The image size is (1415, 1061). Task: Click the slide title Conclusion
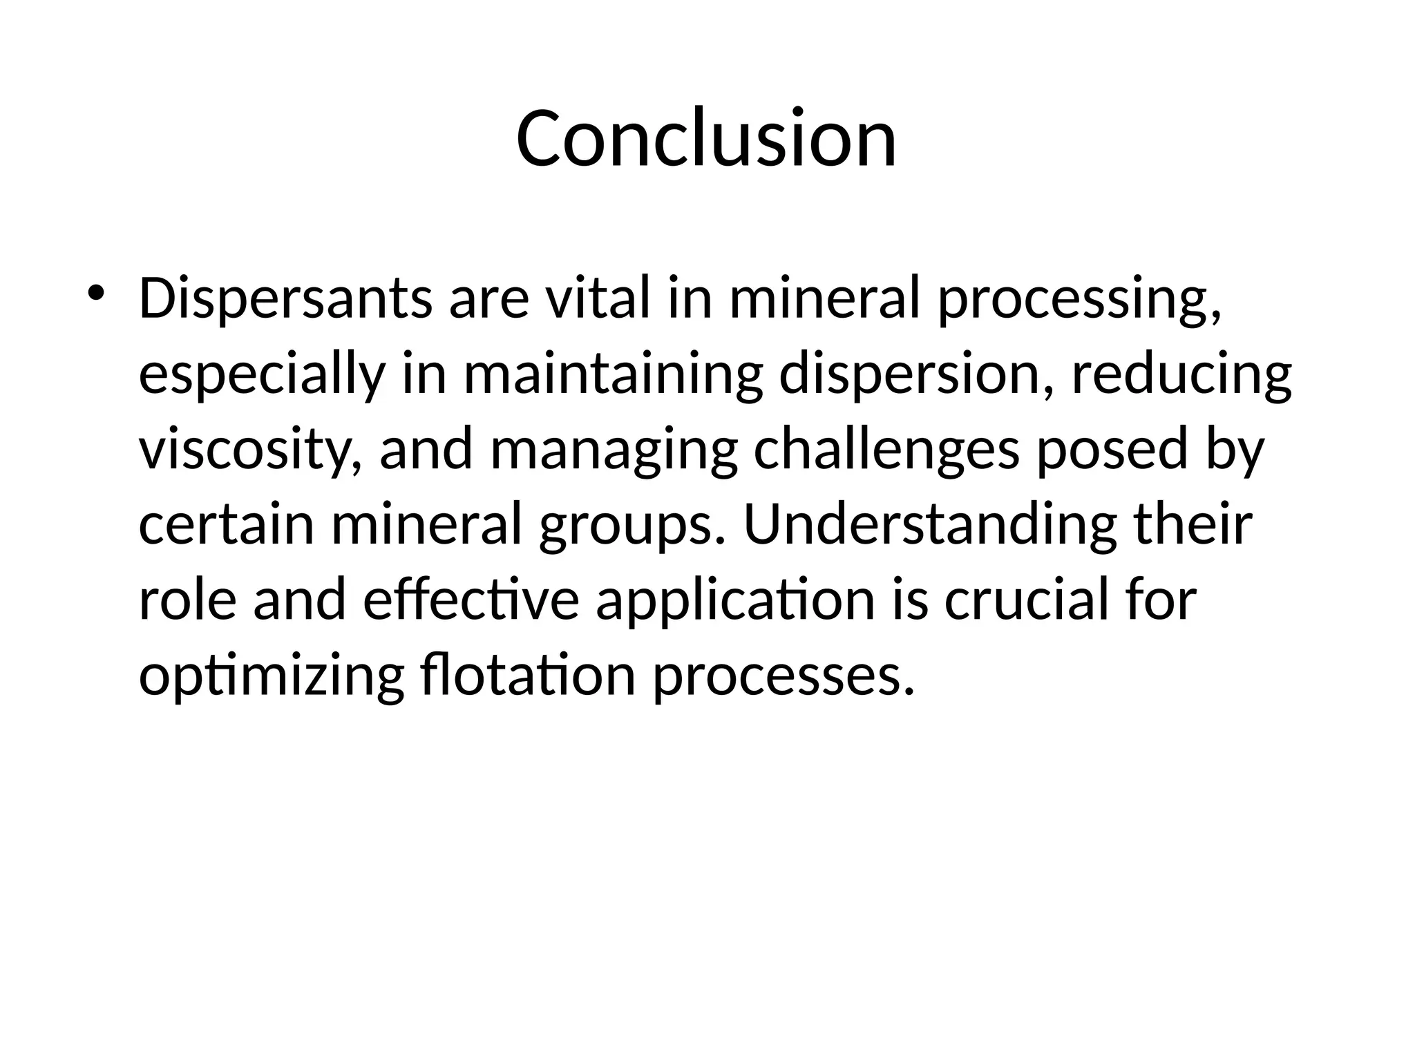(x=706, y=138)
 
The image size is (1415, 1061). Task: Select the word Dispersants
(x=285, y=299)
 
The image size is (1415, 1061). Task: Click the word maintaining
(x=612, y=376)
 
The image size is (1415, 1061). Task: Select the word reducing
(x=1181, y=376)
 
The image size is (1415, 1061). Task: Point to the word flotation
(x=527, y=675)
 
